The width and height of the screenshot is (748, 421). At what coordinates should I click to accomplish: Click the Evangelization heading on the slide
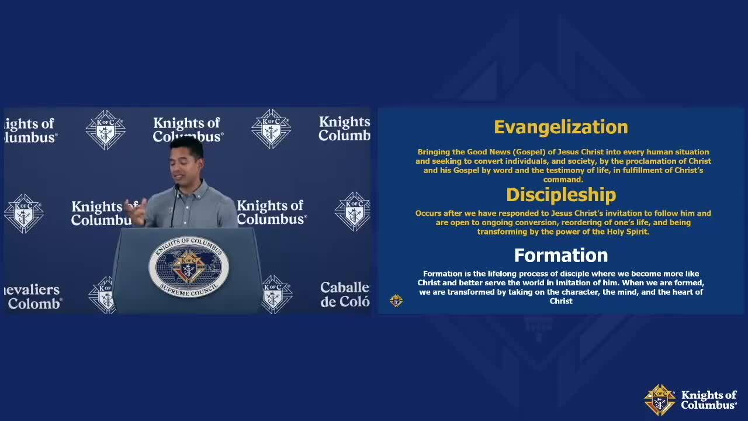(562, 127)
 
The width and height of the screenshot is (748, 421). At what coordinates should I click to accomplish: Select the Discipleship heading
(562, 195)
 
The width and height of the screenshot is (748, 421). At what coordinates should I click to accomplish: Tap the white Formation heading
(561, 256)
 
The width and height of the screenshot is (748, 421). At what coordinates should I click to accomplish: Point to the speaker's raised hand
(136, 211)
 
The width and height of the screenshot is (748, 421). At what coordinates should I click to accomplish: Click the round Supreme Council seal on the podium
(189, 267)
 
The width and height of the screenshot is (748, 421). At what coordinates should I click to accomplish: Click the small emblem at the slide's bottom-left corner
(396, 301)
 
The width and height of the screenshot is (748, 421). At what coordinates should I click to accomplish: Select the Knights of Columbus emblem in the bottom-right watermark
(660, 400)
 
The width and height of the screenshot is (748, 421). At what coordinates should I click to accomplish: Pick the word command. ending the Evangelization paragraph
(563, 180)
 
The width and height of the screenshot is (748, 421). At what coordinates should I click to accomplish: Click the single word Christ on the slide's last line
(561, 301)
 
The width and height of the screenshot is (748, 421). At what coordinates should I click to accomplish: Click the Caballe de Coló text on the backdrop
(345, 294)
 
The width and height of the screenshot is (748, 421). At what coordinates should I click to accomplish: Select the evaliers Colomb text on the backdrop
(33, 296)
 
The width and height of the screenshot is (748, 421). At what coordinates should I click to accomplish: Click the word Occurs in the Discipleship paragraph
(428, 213)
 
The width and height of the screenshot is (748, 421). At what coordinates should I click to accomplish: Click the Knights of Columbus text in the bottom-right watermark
(709, 400)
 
